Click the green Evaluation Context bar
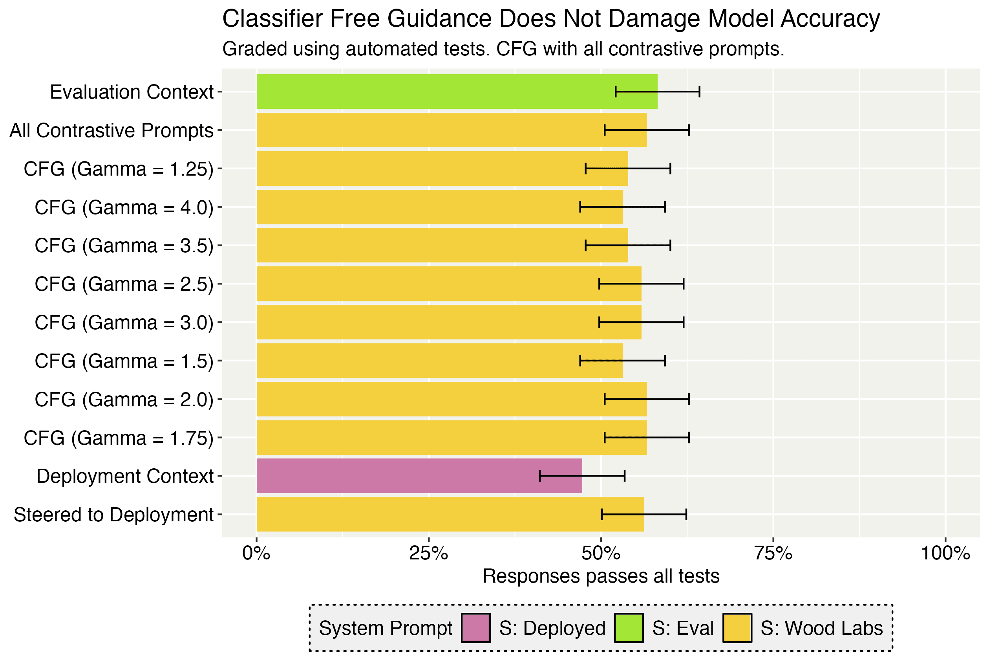pos(457,92)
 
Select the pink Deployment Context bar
pos(419,476)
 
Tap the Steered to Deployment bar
pos(450,514)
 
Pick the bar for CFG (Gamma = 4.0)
pos(439,207)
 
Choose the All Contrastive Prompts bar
pos(452,130)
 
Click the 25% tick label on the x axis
pos(429,553)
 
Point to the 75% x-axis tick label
pos(773,553)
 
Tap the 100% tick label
pos(945,553)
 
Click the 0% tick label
pos(256,553)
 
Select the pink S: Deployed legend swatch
pos(475,628)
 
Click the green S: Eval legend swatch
pos(629,628)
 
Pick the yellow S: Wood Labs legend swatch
pos(737,628)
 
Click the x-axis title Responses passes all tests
pos(601,576)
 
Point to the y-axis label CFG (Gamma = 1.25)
pos(119,169)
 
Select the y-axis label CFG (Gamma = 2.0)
pos(124,400)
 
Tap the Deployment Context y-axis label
pos(125,477)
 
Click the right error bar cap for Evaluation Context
pos(700,92)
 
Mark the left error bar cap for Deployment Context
pos(540,476)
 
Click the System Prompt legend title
pos(385,628)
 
